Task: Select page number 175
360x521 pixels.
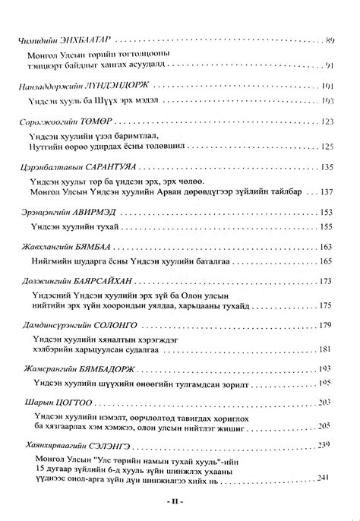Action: click(329, 305)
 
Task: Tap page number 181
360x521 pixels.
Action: click(329, 349)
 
